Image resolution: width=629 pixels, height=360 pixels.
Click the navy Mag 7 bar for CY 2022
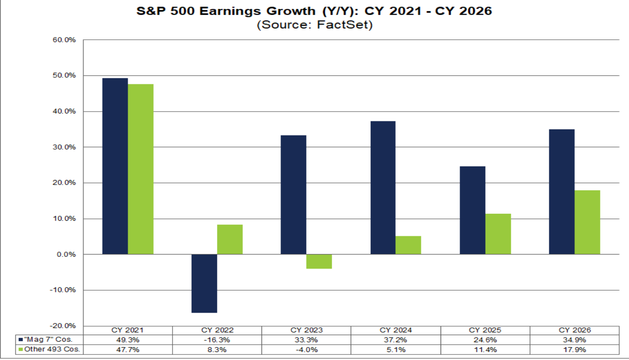click(x=204, y=283)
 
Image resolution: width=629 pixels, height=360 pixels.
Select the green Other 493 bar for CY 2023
click(x=319, y=262)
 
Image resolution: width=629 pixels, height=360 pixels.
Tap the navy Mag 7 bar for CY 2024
click(x=383, y=187)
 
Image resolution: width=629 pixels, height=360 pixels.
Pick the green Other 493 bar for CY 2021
click(x=141, y=169)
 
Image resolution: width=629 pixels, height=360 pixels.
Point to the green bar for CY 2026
click(x=587, y=222)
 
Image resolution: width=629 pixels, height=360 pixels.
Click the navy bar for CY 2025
click(x=472, y=210)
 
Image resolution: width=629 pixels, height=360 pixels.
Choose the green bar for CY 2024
click(x=408, y=245)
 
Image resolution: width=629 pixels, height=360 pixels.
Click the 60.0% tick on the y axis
click(x=64, y=40)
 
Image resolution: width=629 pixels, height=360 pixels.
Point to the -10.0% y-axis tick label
click(x=63, y=290)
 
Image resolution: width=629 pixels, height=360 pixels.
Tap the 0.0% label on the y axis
click(x=66, y=255)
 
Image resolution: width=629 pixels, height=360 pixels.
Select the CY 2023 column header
click(x=307, y=330)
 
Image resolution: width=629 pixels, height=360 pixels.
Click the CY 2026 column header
click(x=575, y=330)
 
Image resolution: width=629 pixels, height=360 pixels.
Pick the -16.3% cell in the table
click(x=217, y=340)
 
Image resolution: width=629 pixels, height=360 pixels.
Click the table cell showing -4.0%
click(x=307, y=350)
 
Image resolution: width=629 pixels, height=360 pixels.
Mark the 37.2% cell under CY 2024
click(x=396, y=340)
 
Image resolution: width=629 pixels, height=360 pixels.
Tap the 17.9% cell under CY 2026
click(x=575, y=350)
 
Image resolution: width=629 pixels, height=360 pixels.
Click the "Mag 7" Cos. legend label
click(x=48, y=339)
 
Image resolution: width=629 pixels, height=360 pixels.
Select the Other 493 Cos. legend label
click(x=52, y=349)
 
